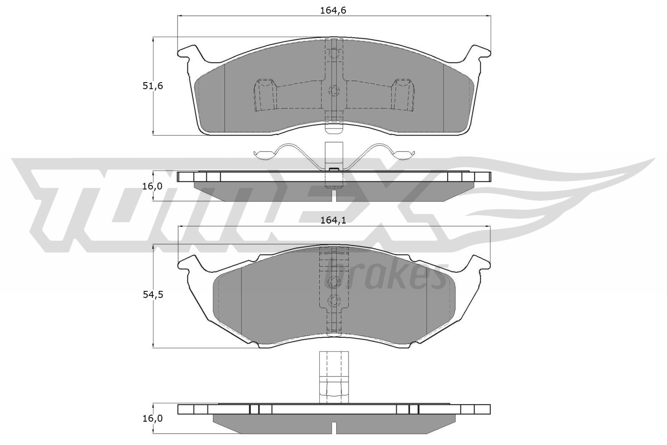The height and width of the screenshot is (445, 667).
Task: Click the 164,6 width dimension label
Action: pyautogui.click(x=333, y=10)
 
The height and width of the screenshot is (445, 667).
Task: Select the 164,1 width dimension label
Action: pyautogui.click(x=333, y=220)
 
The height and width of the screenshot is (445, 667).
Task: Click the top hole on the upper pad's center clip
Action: pyautogui.click(x=333, y=53)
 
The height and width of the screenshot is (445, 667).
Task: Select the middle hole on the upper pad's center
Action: pyautogui.click(x=333, y=91)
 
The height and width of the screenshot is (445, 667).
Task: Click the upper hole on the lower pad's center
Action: pyautogui.click(x=333, y=282)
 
